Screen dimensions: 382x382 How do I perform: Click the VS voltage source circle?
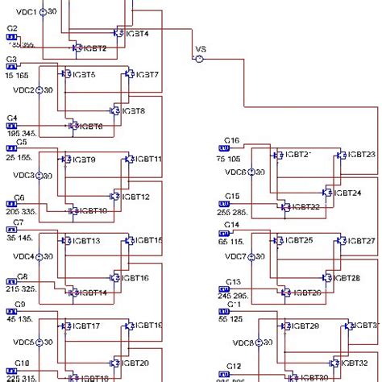[x=198, y=57]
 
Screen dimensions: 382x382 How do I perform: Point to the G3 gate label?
[x=11, y=59]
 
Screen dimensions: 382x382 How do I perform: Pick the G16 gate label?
[x=231, y=139]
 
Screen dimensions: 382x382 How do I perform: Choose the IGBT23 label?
[x=361, y=154]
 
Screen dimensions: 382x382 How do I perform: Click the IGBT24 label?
[x=347, y=193]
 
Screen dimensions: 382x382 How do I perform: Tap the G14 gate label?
[x=231, y=224]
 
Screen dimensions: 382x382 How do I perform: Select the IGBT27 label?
[x=361, y=241]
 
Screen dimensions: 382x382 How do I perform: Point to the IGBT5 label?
[x=82, y=75]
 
